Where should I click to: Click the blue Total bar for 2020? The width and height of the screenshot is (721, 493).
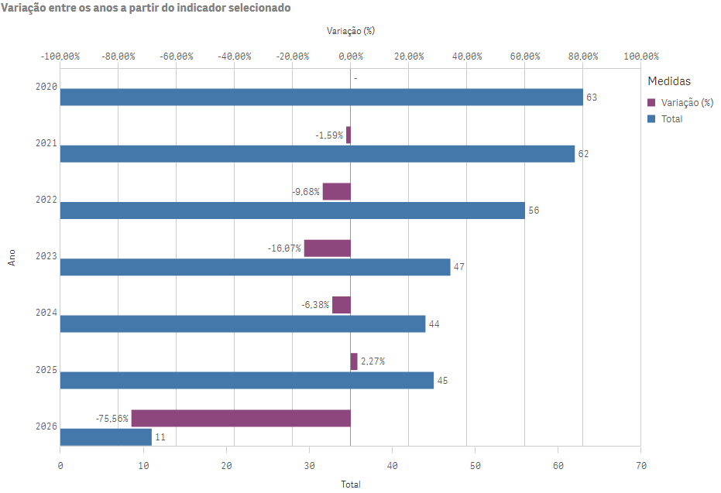point(321,97)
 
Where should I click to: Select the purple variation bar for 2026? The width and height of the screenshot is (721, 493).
point(241,418)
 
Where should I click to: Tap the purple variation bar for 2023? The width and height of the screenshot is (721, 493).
point(327,248)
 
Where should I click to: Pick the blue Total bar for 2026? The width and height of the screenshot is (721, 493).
point(105,437)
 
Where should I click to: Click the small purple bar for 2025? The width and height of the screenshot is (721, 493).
point(354,361)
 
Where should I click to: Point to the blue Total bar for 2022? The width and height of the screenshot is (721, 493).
point(292,210)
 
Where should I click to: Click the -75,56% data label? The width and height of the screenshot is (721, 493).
point(112,418)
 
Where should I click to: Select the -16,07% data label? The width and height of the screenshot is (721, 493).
point(284,248)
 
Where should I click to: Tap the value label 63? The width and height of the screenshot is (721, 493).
point(592,98)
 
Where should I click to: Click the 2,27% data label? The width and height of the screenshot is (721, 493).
point(373,361)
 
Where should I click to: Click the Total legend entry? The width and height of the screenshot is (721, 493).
point(671,119)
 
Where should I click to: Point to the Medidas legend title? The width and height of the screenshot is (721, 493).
point(669,80)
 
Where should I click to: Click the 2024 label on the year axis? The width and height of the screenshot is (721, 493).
point(46,313)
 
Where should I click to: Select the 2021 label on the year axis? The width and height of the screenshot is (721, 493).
point(46,144)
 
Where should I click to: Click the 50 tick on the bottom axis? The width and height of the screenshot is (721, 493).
point(475,465)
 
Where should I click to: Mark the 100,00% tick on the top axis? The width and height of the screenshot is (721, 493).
point(640,56)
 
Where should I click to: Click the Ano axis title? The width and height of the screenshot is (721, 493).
point(12,258)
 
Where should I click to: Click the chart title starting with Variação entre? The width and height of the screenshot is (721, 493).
point(147,8)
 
